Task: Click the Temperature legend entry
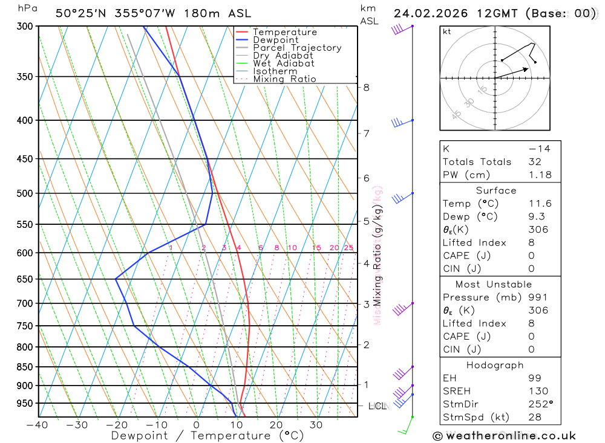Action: (284, 32)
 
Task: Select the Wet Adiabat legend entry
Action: (283, 63)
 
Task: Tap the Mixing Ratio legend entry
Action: (284, 79)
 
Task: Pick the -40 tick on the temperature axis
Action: (38, 425)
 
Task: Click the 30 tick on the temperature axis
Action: (316, 425)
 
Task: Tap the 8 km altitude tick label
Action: (366, 87)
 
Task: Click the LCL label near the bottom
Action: (377, 406)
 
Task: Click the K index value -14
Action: (539, 149)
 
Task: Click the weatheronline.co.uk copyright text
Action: (504, 436)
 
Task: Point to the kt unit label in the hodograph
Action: (446, 31)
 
